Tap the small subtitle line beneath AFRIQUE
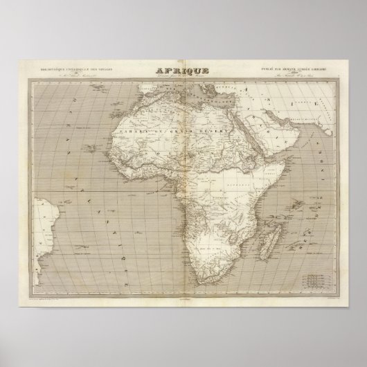point(183,78)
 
